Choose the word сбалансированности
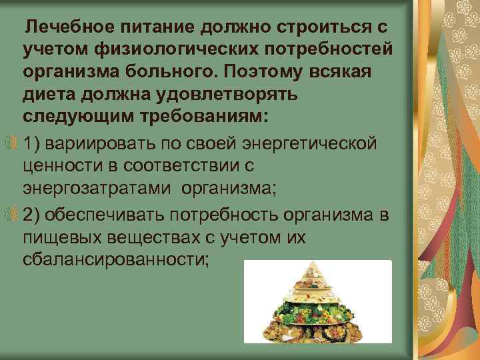115,259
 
